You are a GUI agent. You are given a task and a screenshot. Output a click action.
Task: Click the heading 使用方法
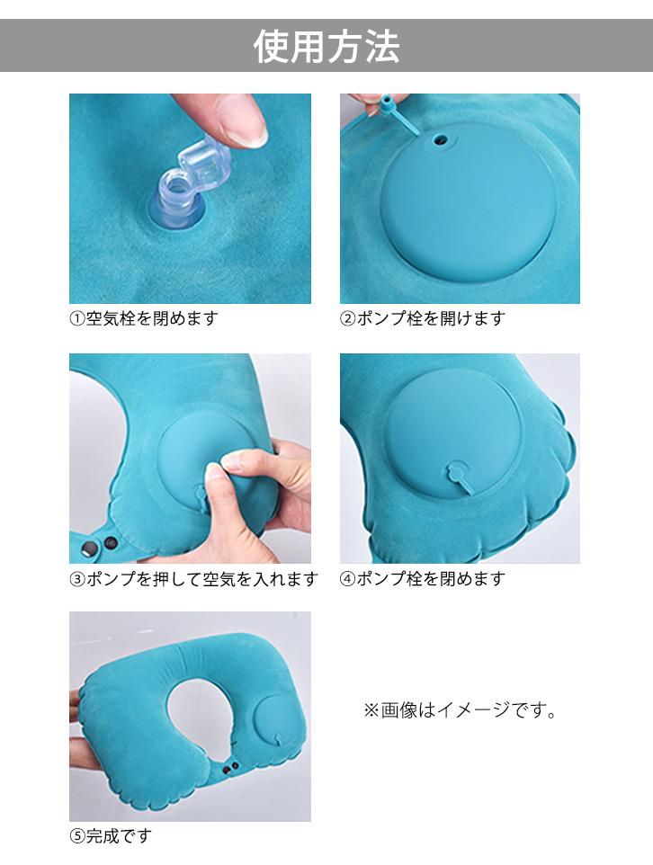[x=326, y=47]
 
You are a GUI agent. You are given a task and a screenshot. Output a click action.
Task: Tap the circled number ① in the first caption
[x=77, y=319]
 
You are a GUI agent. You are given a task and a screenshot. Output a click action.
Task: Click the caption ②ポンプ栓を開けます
[x=422, y=318]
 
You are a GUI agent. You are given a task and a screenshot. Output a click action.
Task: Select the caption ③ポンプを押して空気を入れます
[x=193, y=579]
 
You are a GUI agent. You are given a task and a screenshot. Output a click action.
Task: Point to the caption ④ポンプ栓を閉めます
[x=422, y=579]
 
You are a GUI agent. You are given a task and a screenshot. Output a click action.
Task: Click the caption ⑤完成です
[x=111, y=835]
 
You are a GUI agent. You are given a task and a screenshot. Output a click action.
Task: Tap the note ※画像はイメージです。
[x=461, y=710]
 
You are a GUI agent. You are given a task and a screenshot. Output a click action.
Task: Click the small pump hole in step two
[x=440, y=140]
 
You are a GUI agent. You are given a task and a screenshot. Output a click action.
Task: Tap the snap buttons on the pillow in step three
[x=100, y=545]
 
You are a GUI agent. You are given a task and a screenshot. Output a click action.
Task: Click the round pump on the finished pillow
[x=276, y=721]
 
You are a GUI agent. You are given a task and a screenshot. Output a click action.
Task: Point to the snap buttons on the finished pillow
[x=231, y=767]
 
